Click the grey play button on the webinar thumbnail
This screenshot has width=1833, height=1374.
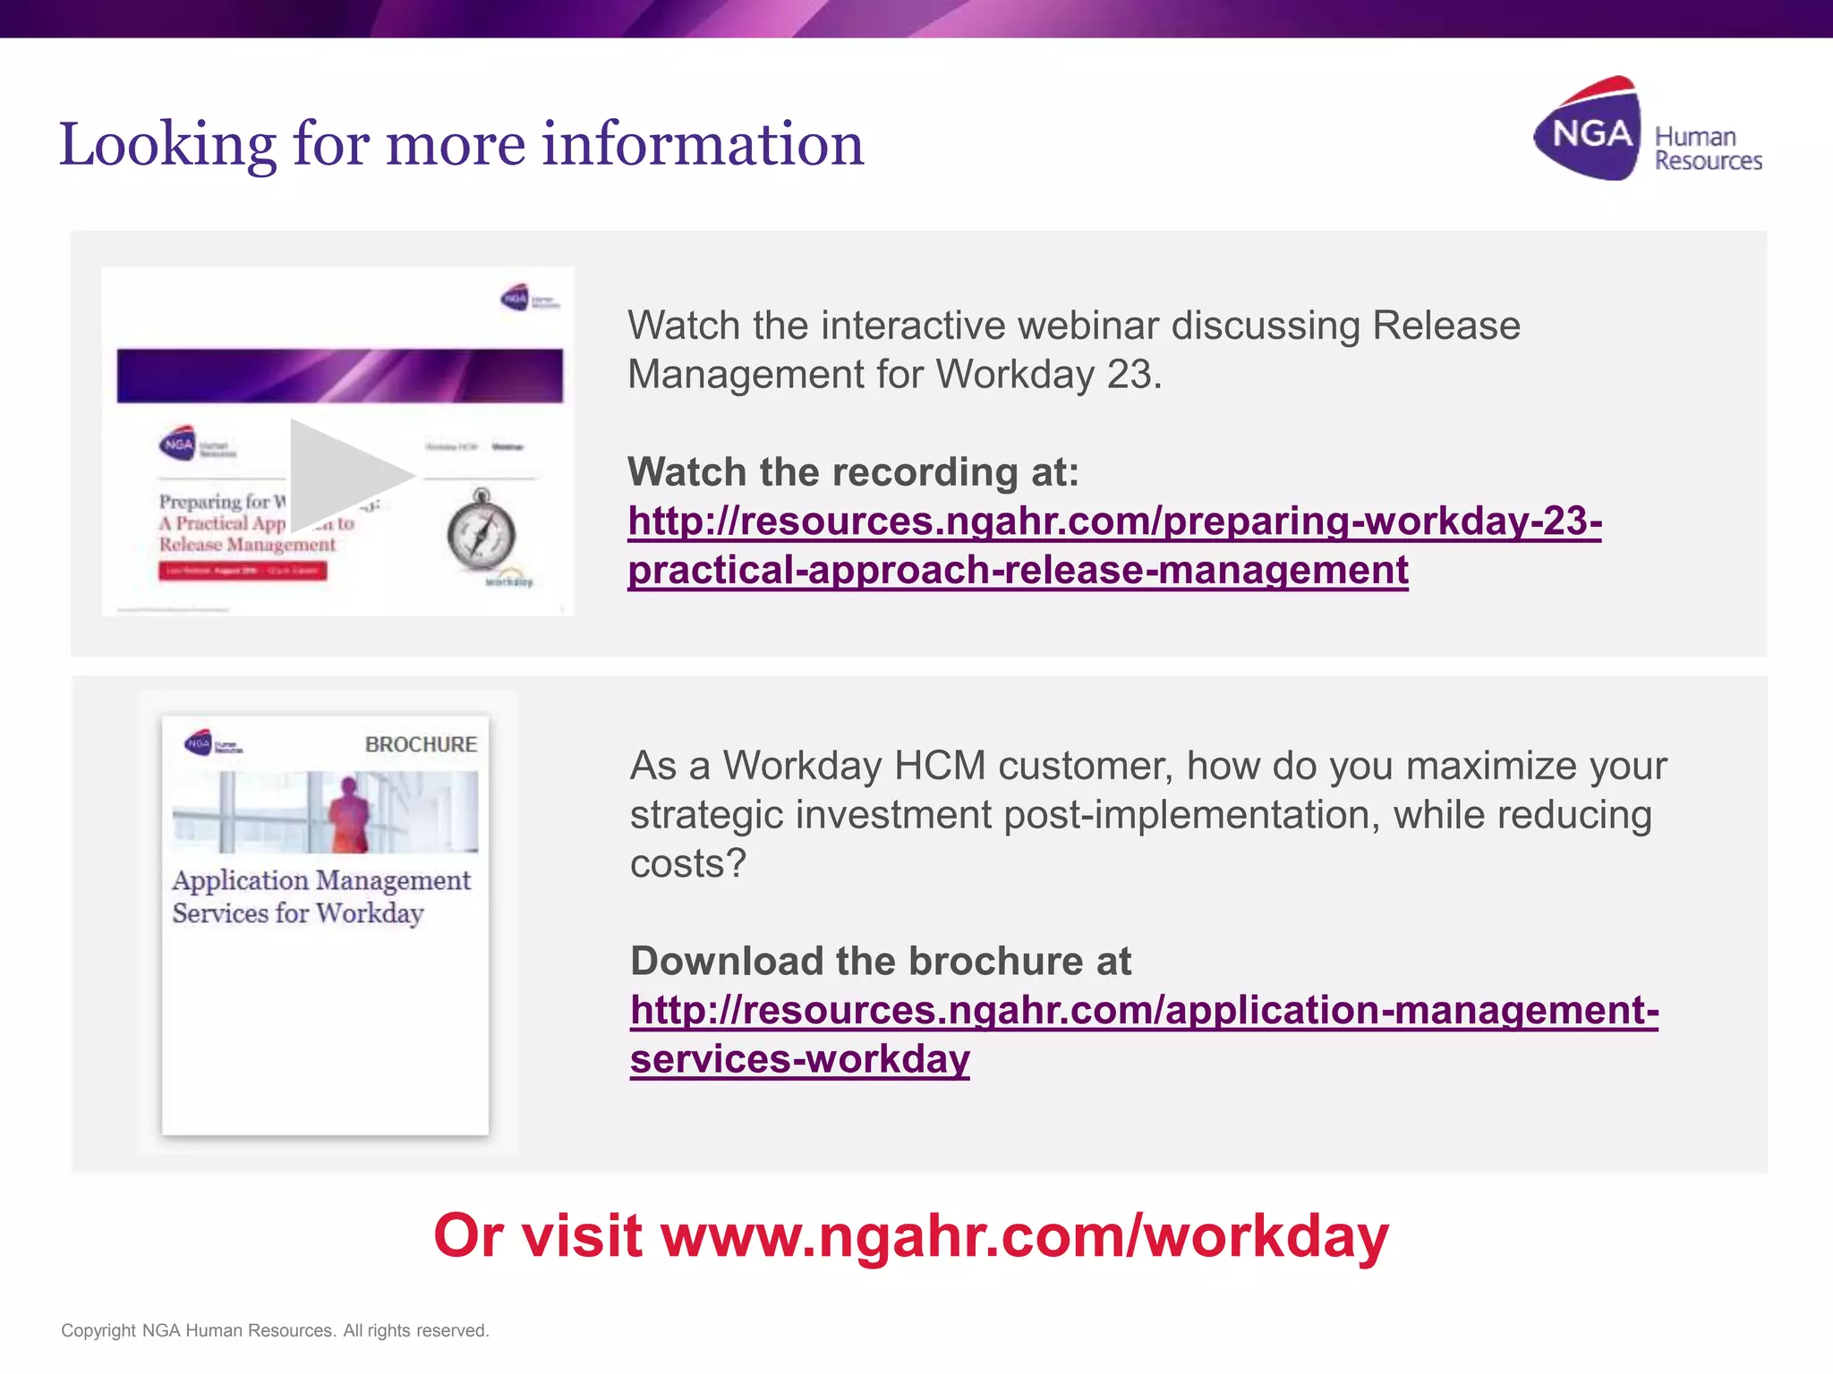(x=345, y=475)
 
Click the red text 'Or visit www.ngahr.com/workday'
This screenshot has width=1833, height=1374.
(x=910, y=1236)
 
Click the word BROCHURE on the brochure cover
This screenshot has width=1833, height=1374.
(x=421, y=744)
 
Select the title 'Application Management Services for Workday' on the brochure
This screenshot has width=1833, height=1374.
(x=320, y=896)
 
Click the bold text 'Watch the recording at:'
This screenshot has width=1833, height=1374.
(x=853, y=472)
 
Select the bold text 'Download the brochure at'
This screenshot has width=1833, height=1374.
(x=880, y=962)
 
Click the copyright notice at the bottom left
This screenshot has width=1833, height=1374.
(x=275, y=1331)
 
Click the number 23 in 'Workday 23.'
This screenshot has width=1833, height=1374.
(x=1129, y=375)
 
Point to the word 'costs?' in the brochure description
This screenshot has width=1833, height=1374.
(x=687, y=864)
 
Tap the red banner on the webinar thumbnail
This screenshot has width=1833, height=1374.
(x=243, y=571)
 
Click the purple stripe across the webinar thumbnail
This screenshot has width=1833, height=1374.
(x=339, y=376)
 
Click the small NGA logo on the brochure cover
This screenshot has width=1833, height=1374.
(x=199, y=742)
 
